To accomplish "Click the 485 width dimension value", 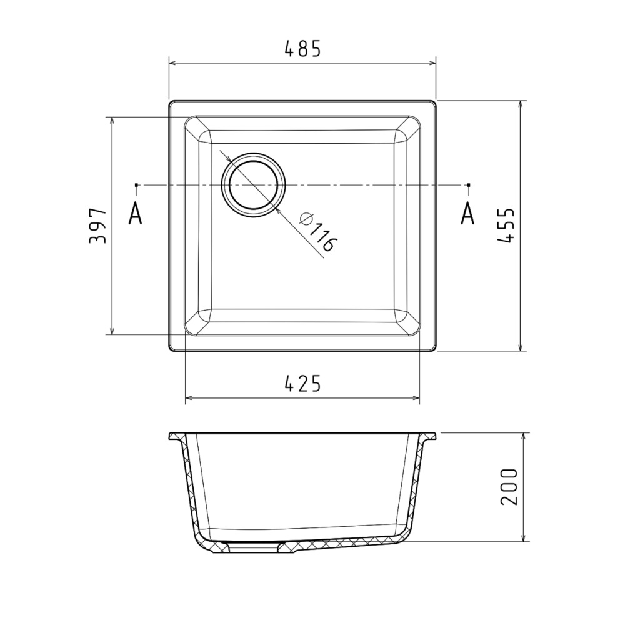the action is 303,49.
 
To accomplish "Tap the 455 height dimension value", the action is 507,225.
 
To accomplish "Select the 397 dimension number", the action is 97,226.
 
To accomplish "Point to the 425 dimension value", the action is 303,384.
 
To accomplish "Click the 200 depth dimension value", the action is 509,487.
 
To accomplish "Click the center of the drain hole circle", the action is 254,185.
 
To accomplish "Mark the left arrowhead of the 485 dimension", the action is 173,63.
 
